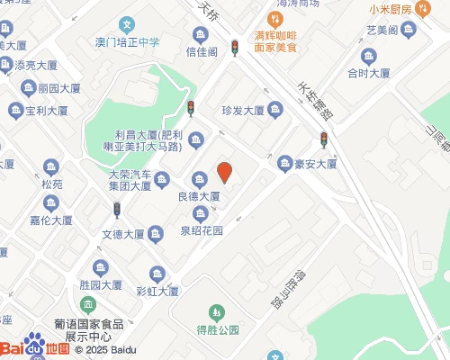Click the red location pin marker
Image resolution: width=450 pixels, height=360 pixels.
[225, 171]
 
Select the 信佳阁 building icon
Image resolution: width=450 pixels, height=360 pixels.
[200, 34]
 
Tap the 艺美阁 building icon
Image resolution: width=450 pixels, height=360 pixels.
[408, 29]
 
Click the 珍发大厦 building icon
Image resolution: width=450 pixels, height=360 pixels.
[277, 111]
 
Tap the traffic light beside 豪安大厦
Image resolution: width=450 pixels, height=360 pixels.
[324, 139]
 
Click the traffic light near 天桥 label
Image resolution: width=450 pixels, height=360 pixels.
[235, 47]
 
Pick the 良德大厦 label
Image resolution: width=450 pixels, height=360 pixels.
[199, 195]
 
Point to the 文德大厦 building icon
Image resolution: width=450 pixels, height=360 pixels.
[155, 235]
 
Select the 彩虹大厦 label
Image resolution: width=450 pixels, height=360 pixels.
[157, 291]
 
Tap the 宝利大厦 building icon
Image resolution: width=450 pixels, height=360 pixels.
[16, 111]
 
